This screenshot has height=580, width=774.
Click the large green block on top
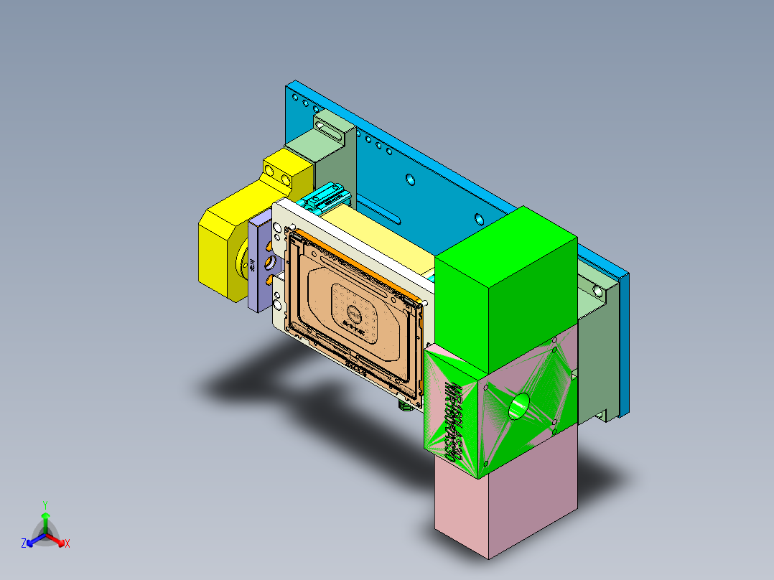[x=503, y=287]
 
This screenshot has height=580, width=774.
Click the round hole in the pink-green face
[x=518, y=407]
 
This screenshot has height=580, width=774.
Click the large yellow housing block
[x=223, y=244]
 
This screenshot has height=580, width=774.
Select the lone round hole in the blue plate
[x=410, y=179]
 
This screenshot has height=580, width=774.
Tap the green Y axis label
[x=45, y=505]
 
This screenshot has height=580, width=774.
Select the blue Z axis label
[x=24, y=543]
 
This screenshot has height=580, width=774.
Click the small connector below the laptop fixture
[x=404, y=406]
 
